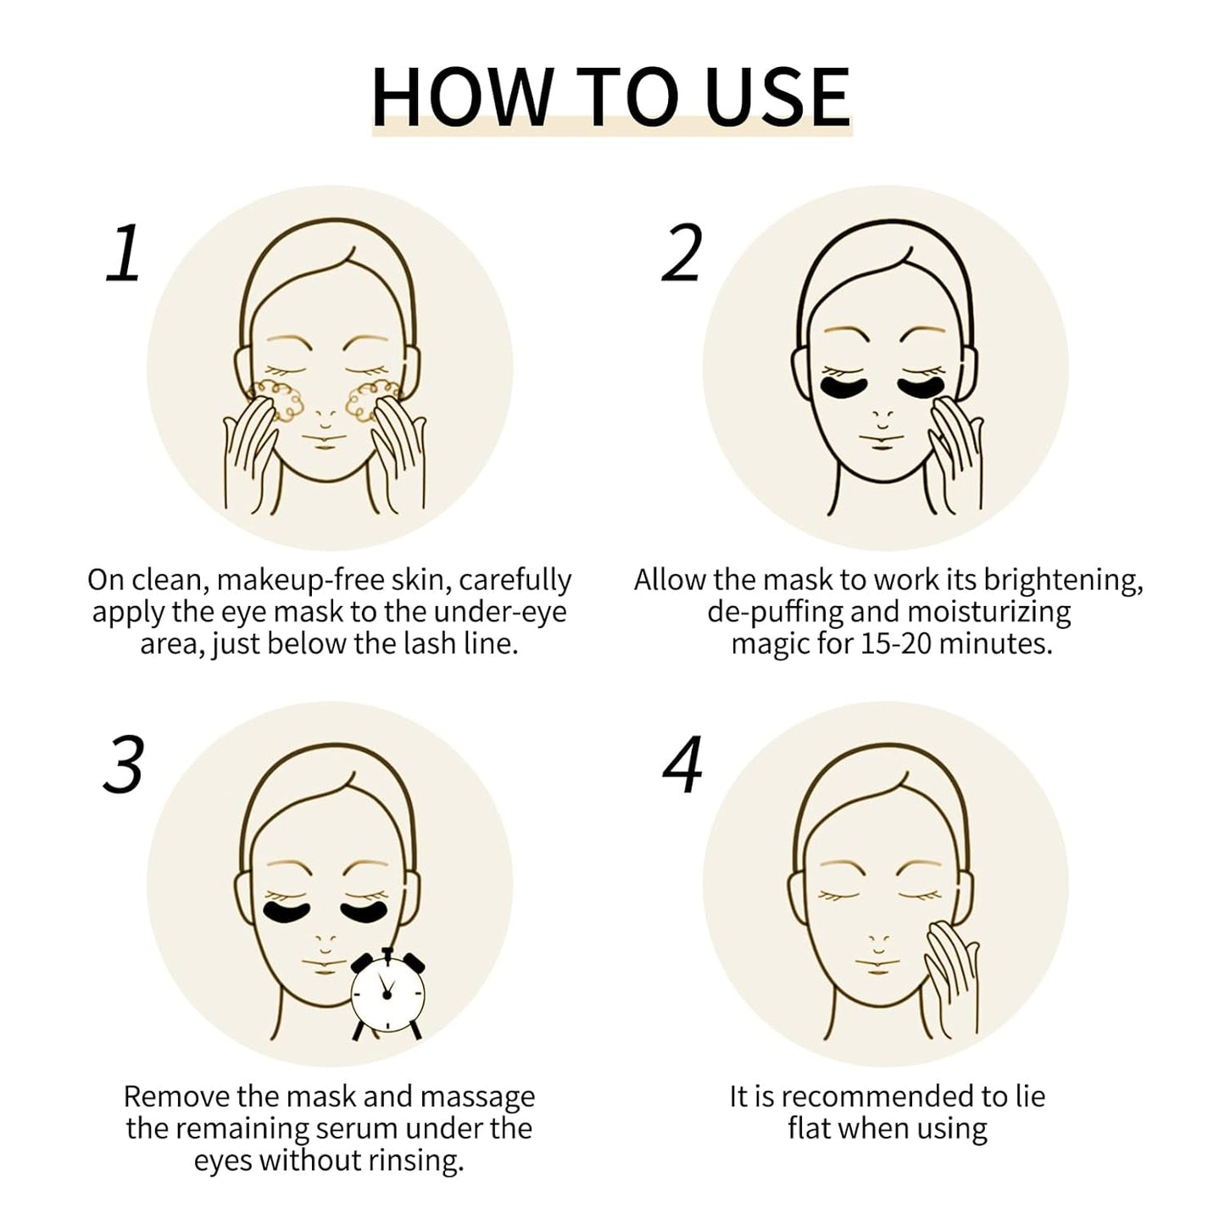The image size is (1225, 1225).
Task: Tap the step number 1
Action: [124, 253]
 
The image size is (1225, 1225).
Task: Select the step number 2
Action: [682, 253]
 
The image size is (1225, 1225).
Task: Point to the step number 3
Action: [124, 766]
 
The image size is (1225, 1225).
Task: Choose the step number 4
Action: [682, 766]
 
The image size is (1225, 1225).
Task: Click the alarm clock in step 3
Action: [387, 994]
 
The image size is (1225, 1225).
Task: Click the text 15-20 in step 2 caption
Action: [897, 643]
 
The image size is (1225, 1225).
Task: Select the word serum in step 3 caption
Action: [358, 1128]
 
